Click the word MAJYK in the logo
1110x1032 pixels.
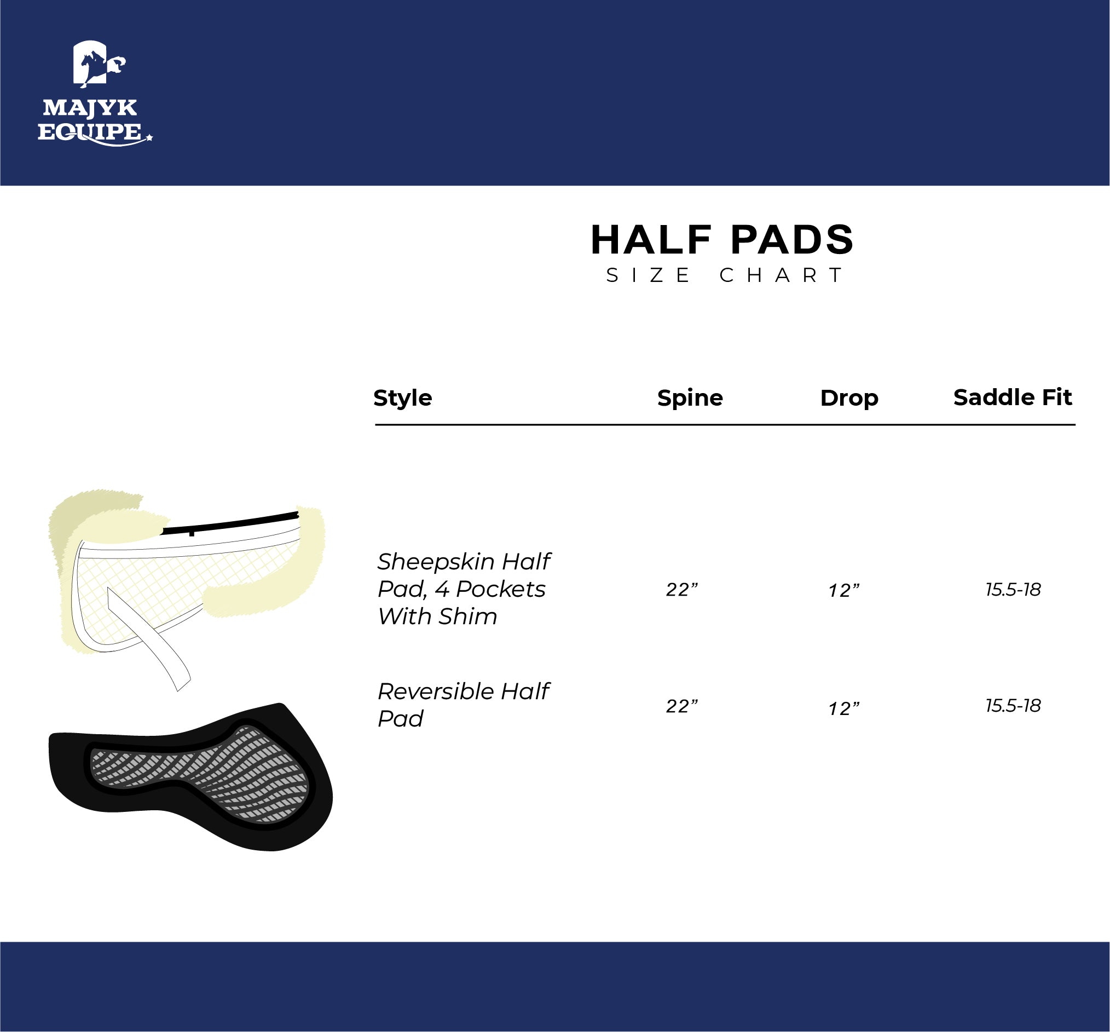[90, 108]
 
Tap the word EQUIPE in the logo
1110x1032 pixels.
[89, 132]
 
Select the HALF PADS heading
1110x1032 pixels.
[722, 240]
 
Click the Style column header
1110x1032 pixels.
[403, 398]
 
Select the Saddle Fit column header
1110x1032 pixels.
[1012, 397]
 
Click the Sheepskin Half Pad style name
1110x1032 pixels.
[464, 589]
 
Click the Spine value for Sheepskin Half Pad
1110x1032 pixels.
[682, 590]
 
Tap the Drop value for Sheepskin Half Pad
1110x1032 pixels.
[843, 591]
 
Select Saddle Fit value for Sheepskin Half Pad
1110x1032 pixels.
[1013, 590]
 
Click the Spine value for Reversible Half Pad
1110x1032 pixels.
[682, 706]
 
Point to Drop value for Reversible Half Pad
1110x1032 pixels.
[843, 708]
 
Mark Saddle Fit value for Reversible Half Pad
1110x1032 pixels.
[1013, 706]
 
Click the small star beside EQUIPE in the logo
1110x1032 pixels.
[149, 137]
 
